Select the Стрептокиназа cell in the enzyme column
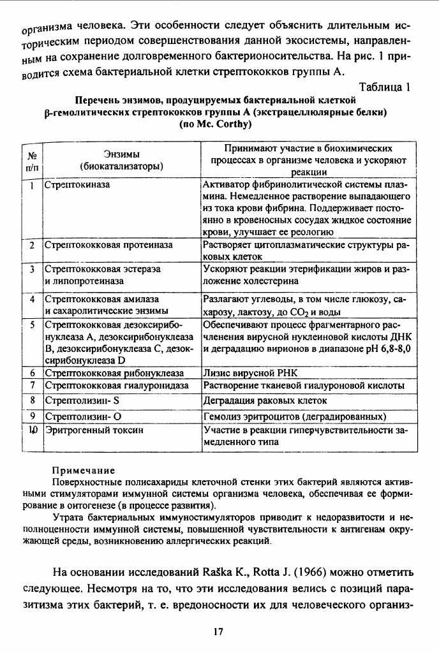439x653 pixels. click(x=77, y=185)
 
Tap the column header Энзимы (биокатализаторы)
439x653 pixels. click(x=122, y=159)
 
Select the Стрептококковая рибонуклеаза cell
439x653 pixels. click(x=114, y=372)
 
